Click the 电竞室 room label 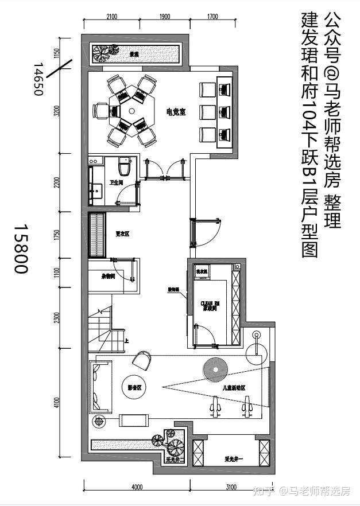click(175, 112)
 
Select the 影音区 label click(134, 388)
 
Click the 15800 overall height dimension click(21, 248)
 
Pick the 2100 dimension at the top click(111, 17)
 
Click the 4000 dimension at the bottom click(137, 487)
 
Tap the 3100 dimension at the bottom click(231, 487)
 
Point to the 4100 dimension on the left click(56, 402)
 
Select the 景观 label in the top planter click(134, 55)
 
